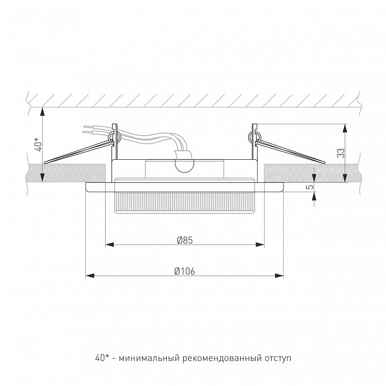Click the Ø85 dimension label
[185, 240]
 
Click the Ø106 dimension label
[184, 271]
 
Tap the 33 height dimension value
[341, 153]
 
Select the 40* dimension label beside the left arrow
[39, 145]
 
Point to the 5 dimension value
[311, 187]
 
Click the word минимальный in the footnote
[149, 358]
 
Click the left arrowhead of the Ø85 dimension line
[110, 244]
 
